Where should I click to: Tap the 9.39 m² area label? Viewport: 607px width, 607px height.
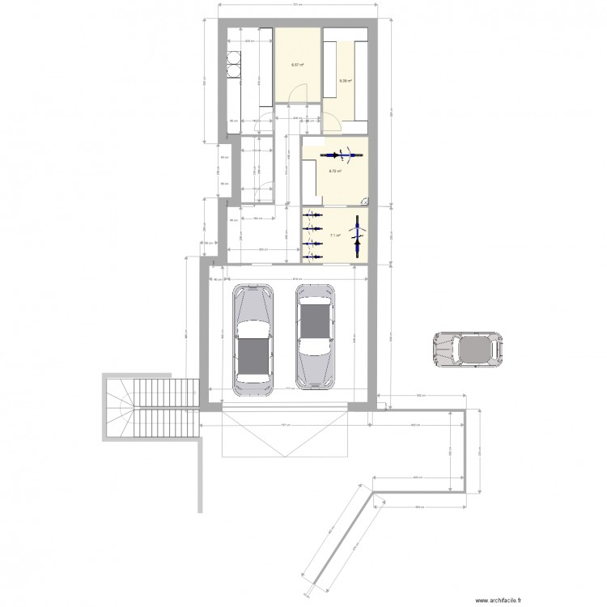tap(345, 81)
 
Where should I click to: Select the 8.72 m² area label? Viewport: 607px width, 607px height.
tap(334, 171)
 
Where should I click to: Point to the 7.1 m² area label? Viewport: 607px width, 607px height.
tap(333, 236)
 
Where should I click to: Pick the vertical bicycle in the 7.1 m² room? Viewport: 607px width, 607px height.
tap(357, 236)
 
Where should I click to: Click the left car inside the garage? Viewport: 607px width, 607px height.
tap(252, 339)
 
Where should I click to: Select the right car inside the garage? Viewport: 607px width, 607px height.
tap(315, 336)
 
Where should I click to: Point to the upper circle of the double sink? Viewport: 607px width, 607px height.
tap(236, 58)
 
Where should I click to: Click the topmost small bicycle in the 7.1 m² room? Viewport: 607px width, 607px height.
tap(311, 217)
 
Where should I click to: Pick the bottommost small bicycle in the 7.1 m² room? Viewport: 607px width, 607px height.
tap(311, 256)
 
